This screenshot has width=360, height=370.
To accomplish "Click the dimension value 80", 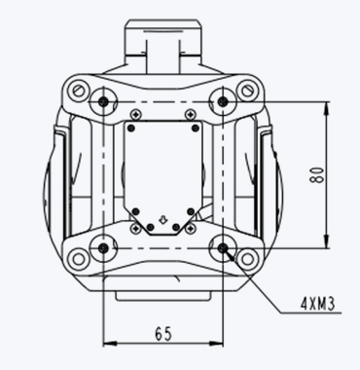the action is pos(317,175).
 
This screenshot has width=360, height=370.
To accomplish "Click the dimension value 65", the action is pos(163,334).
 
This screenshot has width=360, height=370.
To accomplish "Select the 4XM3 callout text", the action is pos(317,304).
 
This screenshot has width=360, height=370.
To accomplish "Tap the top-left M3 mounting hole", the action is pos(103,102).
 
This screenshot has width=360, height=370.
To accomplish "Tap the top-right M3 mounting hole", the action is pos(222,102).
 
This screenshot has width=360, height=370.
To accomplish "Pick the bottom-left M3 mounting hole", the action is pos(103,248).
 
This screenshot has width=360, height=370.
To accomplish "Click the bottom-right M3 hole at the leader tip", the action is pos(222,248).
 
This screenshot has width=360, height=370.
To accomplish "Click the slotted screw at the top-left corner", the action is pos(78,89).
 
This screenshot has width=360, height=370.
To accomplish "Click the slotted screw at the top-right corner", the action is pos(247,89).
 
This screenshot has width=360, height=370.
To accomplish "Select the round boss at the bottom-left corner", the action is pos(78,259).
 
